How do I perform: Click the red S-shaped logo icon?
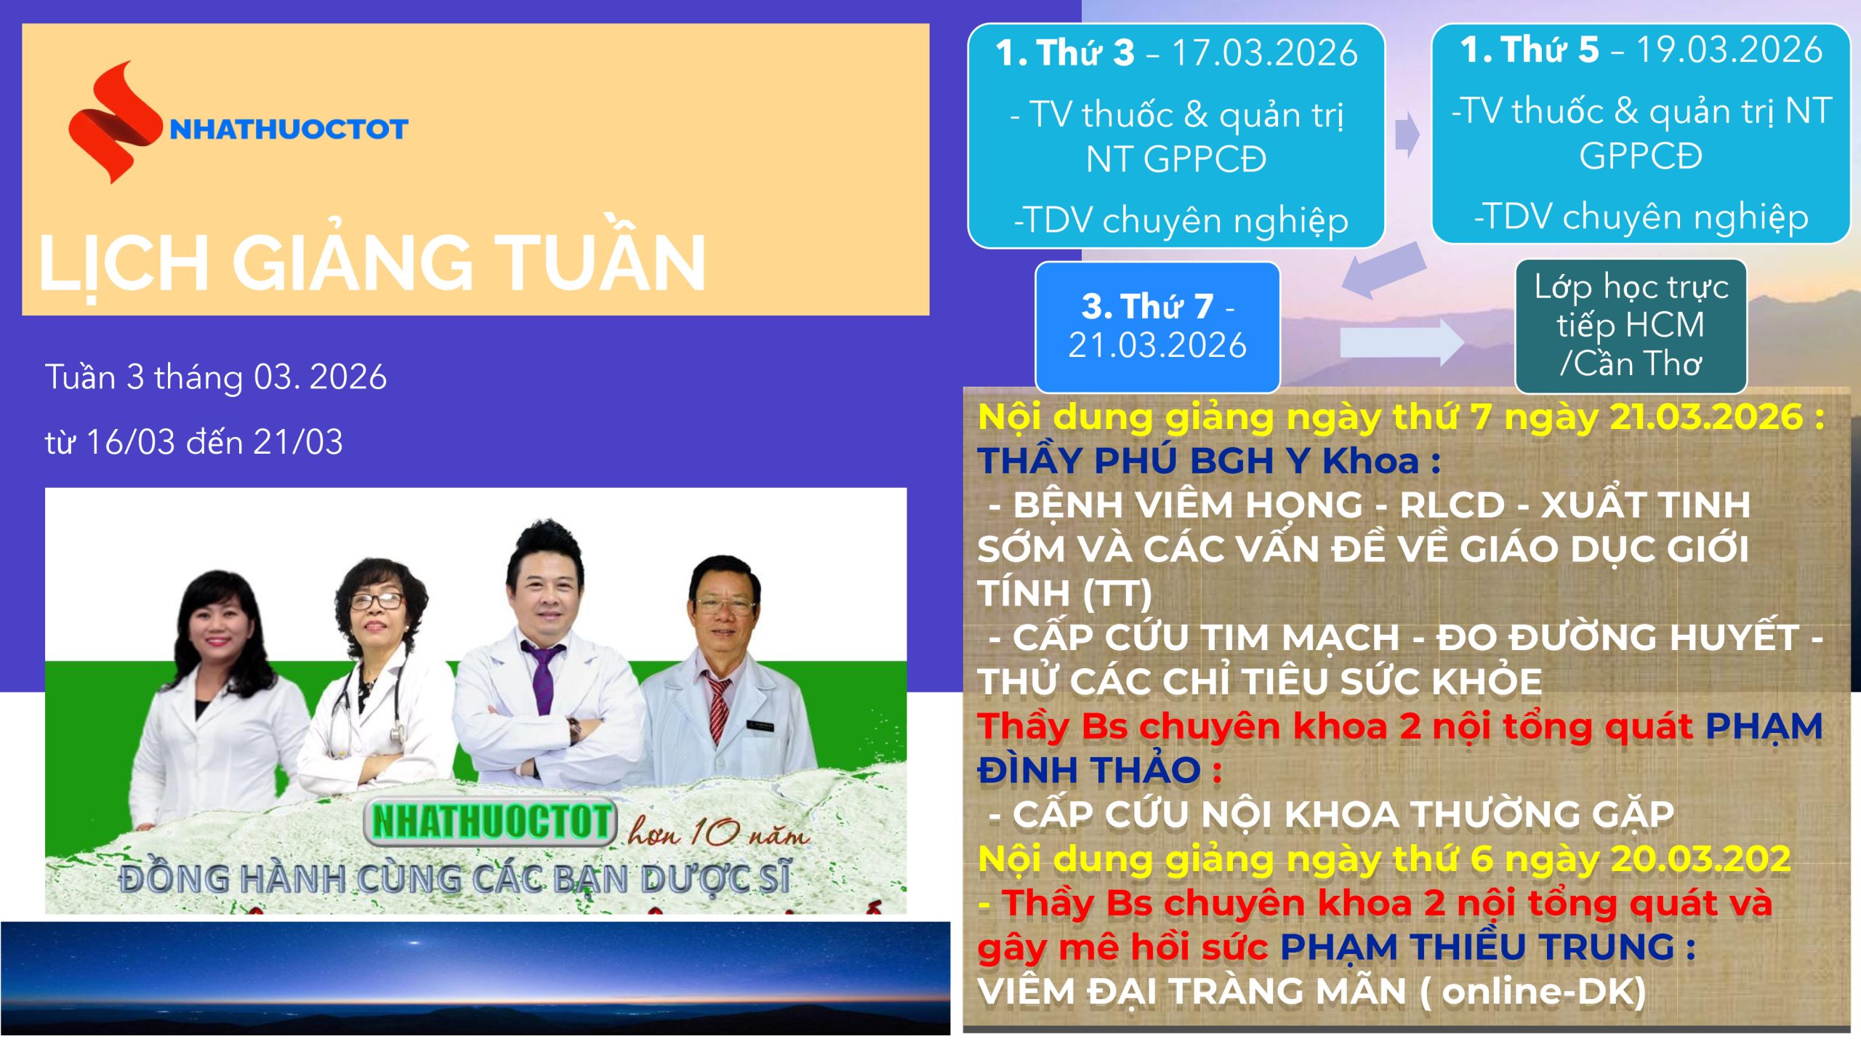pos(113,122)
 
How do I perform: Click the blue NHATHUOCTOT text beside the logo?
pos(289,129)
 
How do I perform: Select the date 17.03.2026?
pos(1264,53)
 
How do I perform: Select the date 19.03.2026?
pos(1729,49)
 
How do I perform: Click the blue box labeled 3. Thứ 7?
pos(1157,327)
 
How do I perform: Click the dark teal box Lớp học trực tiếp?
pos(1631,326)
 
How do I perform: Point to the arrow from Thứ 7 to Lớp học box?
pos(1402,342)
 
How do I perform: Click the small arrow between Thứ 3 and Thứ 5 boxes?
pos(1407,135)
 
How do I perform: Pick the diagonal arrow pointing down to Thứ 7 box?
pos(1383,270)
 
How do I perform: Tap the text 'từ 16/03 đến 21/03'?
pos(193,442)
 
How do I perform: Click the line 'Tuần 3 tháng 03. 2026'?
pos(216,377)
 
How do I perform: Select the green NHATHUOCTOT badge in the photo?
pos(491,822)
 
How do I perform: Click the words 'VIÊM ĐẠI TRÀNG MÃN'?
pos(1191,992)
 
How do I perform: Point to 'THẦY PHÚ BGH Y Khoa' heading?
pos(1198,461)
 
